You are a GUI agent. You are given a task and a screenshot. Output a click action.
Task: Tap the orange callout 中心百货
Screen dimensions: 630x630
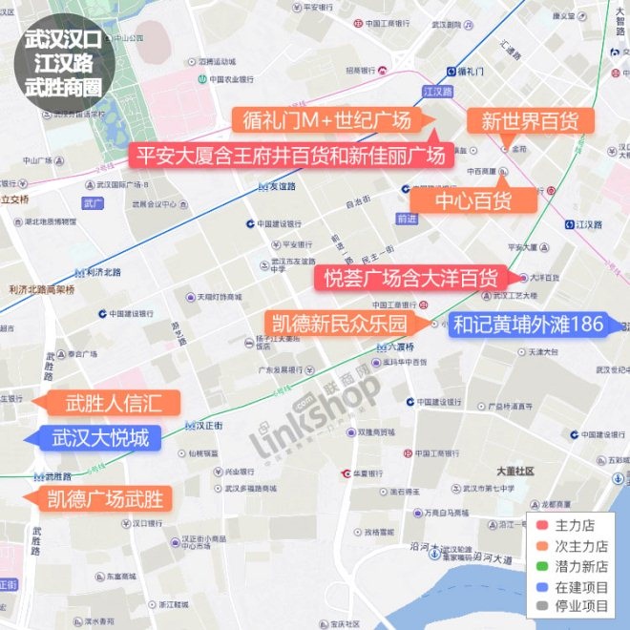point(472,199)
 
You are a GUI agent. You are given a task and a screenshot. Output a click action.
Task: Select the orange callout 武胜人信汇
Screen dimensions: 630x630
point(112,403)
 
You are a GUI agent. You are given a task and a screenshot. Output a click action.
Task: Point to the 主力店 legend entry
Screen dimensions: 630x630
point(573,525)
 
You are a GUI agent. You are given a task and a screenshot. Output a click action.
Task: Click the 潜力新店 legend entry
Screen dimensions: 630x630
point(573,566)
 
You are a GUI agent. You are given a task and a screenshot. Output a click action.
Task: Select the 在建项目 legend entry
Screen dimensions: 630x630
point(573,586)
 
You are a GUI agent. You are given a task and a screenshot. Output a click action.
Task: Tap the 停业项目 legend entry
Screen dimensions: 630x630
point(573,606)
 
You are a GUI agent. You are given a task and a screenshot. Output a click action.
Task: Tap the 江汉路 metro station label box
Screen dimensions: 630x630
point(436,91)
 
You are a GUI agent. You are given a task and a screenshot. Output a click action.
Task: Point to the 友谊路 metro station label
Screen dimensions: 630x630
point(277,186)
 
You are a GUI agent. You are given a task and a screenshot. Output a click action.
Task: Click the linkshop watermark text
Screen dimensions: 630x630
point(315,420)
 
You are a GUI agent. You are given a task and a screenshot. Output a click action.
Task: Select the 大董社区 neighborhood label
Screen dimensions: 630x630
point(515,472)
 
